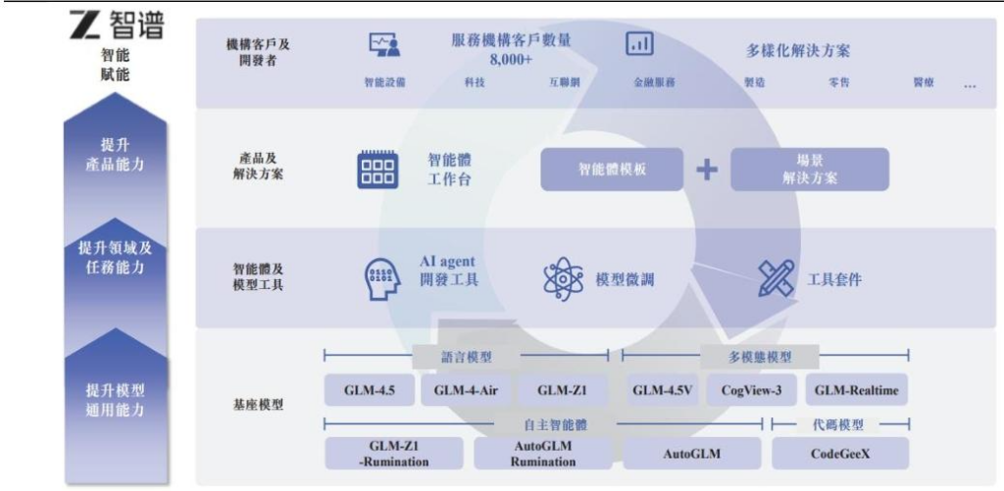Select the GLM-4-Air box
pyautogui.click(x=466, y=390)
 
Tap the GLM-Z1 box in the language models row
pyautogui.click(x=562, y=390)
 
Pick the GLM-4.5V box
pyautogui.click(x=663, y=390)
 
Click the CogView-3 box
pyautogui.click(x=752, y=390)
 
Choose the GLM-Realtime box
pyautogui.click(x=856, y=390)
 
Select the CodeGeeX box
pyautogui.click(x=840, y=454)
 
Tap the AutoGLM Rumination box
pyautogui.click(x=543, y=453)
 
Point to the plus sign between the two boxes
pyautogui.click(x=707, y=170)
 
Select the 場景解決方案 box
pyautogui.click(x=810, y=170)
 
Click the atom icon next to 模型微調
pyautogui.click(x=563, y=279)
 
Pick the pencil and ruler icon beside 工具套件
pyautogui.click(x=776, y=278)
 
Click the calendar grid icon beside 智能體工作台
pyautogui.click(x=377, y=169)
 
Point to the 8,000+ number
pyautogui.click(x=511, y=59)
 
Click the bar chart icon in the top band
pyautogui.click(x=639, y=43)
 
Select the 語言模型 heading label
pyautogui.click(x=466, y=357)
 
